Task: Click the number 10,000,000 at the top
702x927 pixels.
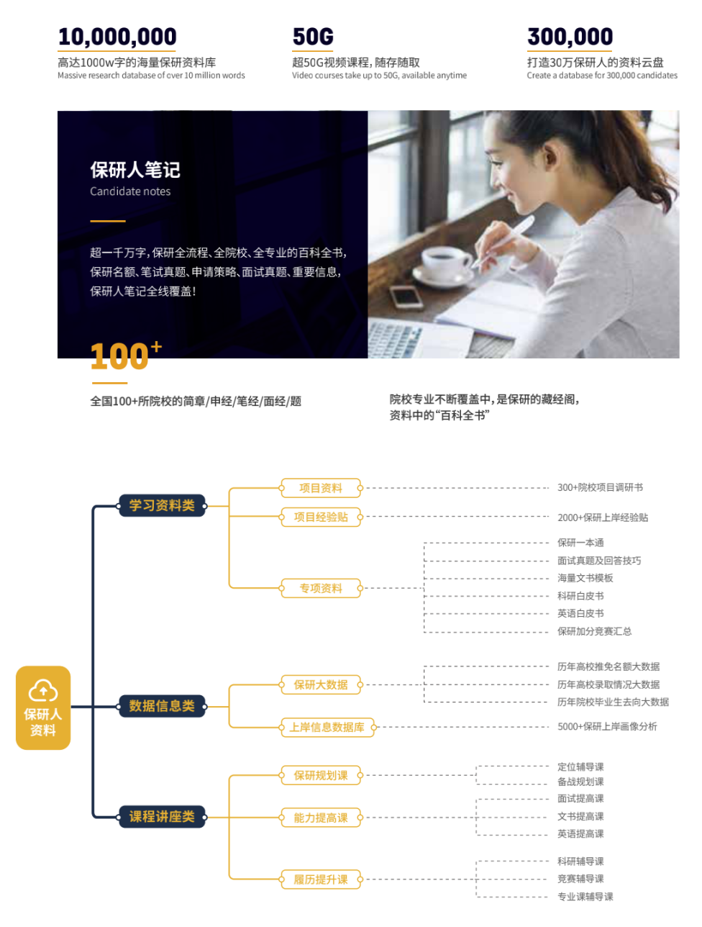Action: [117, 37]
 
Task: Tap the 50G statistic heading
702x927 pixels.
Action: [313, 37]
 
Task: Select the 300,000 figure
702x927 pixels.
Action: [570, 37]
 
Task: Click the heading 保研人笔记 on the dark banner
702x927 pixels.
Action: [135, 170]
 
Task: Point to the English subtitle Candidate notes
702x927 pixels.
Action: [130, 191]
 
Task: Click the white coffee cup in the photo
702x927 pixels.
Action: [446, 262]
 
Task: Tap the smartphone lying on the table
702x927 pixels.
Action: [406, 296]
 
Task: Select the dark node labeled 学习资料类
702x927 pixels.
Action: [162, 506]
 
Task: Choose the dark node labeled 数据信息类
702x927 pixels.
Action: [162, 706]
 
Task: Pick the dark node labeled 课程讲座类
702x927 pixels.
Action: [162, 817]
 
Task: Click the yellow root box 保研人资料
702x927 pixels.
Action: [43, 708]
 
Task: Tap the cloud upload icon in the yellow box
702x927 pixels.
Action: [43, 691]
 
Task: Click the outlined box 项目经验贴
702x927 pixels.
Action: [321, 517]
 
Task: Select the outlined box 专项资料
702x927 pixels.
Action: [321, 588]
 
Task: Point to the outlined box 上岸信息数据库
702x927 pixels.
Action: [327, 728]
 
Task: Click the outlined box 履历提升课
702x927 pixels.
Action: [321, 879]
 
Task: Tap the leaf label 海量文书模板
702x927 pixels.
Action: [585, 578]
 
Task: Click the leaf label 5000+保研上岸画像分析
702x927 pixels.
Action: [607, 727]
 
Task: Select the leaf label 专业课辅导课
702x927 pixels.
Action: [585, 897]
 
